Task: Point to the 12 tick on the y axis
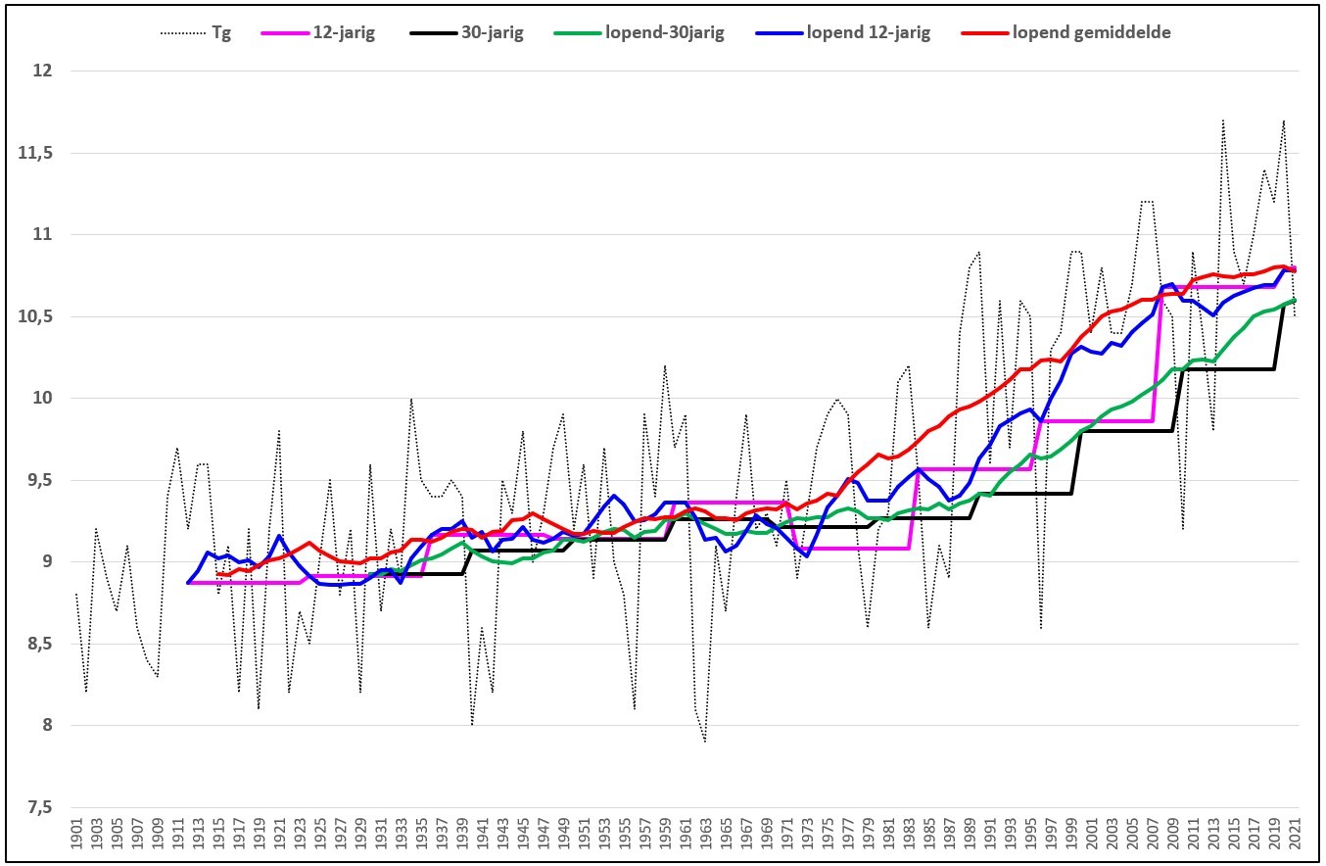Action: [42, 72]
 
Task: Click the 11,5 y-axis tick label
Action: [35, 153]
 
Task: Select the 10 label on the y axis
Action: [42, 398]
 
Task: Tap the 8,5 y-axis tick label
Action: [39, 644]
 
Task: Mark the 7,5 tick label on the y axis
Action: [39, 807]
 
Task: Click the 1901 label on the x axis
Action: [76, 834]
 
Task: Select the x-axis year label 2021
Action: [1294, 834]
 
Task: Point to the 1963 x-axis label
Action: [705, 834]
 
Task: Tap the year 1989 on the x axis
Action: [970, 834]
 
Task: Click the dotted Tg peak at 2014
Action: [1223, 120]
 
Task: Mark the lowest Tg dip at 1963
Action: [705, 741]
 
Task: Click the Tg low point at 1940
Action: [472, 724]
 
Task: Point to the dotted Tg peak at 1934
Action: [411, 399]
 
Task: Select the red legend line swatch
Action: [984, 33]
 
